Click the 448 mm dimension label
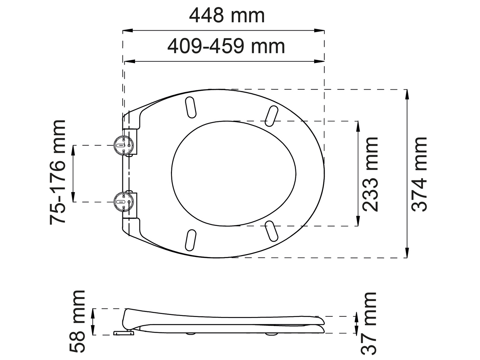227,16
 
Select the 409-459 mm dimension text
226,46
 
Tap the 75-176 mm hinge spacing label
58,172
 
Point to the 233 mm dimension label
370,174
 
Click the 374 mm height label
419,174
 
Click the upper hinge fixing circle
123,145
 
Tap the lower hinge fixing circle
123,202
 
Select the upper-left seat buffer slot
191,107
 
